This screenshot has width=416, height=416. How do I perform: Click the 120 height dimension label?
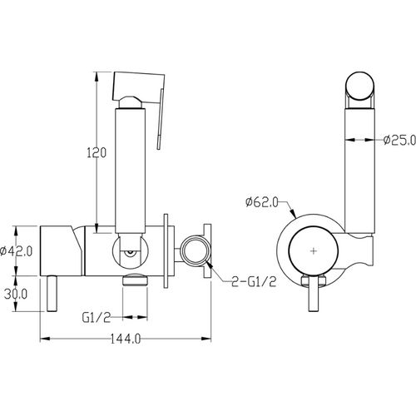[97, 152]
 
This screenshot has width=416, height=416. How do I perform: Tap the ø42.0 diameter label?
[16, 251]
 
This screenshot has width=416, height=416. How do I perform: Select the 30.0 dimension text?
[16, 294]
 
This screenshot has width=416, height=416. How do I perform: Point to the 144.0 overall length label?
[126, 339]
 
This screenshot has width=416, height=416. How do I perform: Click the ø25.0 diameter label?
[399, 140]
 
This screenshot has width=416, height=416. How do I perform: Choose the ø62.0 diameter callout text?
[261, 202]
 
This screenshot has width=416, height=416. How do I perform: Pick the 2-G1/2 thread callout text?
[254, 282]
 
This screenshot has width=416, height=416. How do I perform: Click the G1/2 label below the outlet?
[97, 318]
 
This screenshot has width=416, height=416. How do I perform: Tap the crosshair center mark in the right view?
[314, 251]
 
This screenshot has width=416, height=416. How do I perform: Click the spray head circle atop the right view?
[359, 86]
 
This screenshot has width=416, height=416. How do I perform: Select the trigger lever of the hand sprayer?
[160, 119]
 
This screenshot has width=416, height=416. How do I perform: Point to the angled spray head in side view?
[139, 88]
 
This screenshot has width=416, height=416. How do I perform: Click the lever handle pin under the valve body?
[52, 294]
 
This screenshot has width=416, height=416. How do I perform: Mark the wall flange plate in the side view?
[166, 251]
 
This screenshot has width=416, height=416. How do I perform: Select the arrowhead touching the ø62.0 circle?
[293, 213]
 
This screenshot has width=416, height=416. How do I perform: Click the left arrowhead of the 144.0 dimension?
[45, 339]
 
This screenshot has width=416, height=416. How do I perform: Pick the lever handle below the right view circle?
[314, 294]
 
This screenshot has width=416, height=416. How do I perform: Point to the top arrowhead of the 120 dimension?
[97, 77]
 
